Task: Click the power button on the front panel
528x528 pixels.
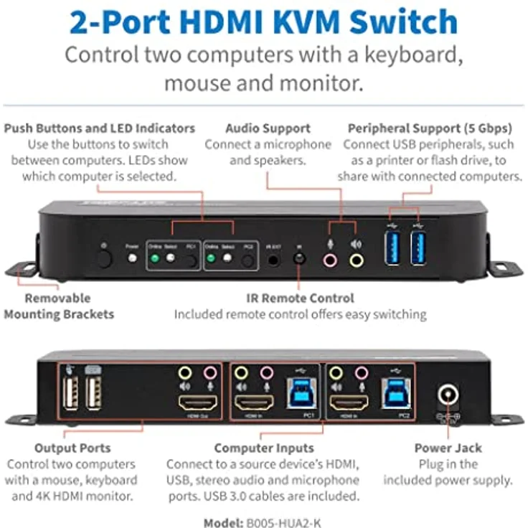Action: [x=105, y=257]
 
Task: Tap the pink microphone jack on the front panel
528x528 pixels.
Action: [x=330, y=259]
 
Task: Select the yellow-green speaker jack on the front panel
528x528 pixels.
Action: [x=356, y=259]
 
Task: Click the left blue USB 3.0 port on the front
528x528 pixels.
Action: [x=392, y=247]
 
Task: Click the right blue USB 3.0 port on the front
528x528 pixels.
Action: [x=418, y=247]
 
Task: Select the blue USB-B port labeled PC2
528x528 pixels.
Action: [x=393, y=394]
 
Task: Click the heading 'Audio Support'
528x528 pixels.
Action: [x=268, y=128]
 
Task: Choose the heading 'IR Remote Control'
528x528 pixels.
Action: [x=300, y=298]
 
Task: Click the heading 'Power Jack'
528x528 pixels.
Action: [x=448, y=448]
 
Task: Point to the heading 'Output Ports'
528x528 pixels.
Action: [x=73, y=448]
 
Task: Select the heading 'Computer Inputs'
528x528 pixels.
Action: [x=263, y=448]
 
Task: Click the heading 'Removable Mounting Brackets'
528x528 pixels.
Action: [x=58, y=306]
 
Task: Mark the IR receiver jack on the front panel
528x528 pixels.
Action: [x=301, y=258]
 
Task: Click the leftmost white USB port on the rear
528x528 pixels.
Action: [x=70, y=394]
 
